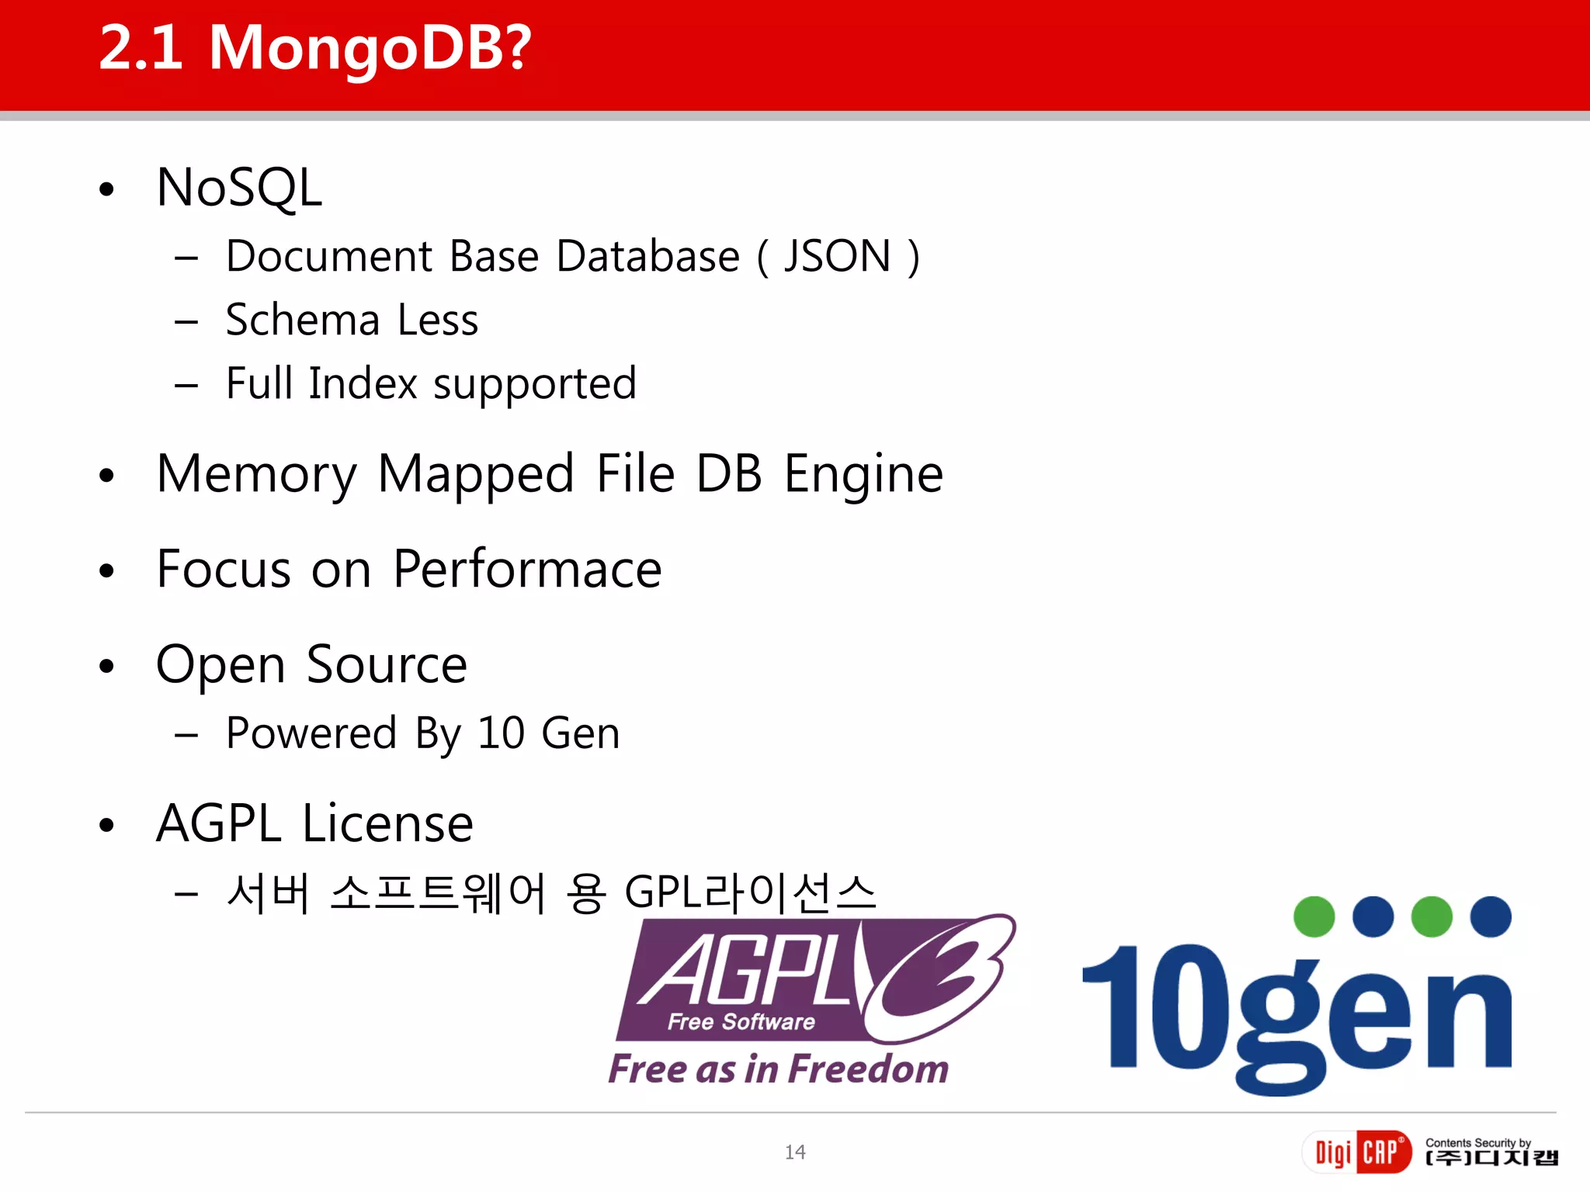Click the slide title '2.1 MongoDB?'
point(315,48)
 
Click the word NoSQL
point(239,188)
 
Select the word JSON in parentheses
point(837,256)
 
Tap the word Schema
point(302,320)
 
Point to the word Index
point(363,383)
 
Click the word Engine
point(863,474)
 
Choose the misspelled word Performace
point(527,569)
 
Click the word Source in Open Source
point(387,664)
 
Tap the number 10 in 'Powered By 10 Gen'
point(501,733)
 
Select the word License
point(387,823)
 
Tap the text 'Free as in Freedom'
point(778,1069)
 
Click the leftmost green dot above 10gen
point(1314,917)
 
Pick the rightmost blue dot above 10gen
point(1491,917)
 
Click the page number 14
point(795,1152)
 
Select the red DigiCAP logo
point(1356,1152)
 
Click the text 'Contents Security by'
point(1477,1142)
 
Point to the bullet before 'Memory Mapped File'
point(107,476)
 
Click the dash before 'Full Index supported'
point(186,385)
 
